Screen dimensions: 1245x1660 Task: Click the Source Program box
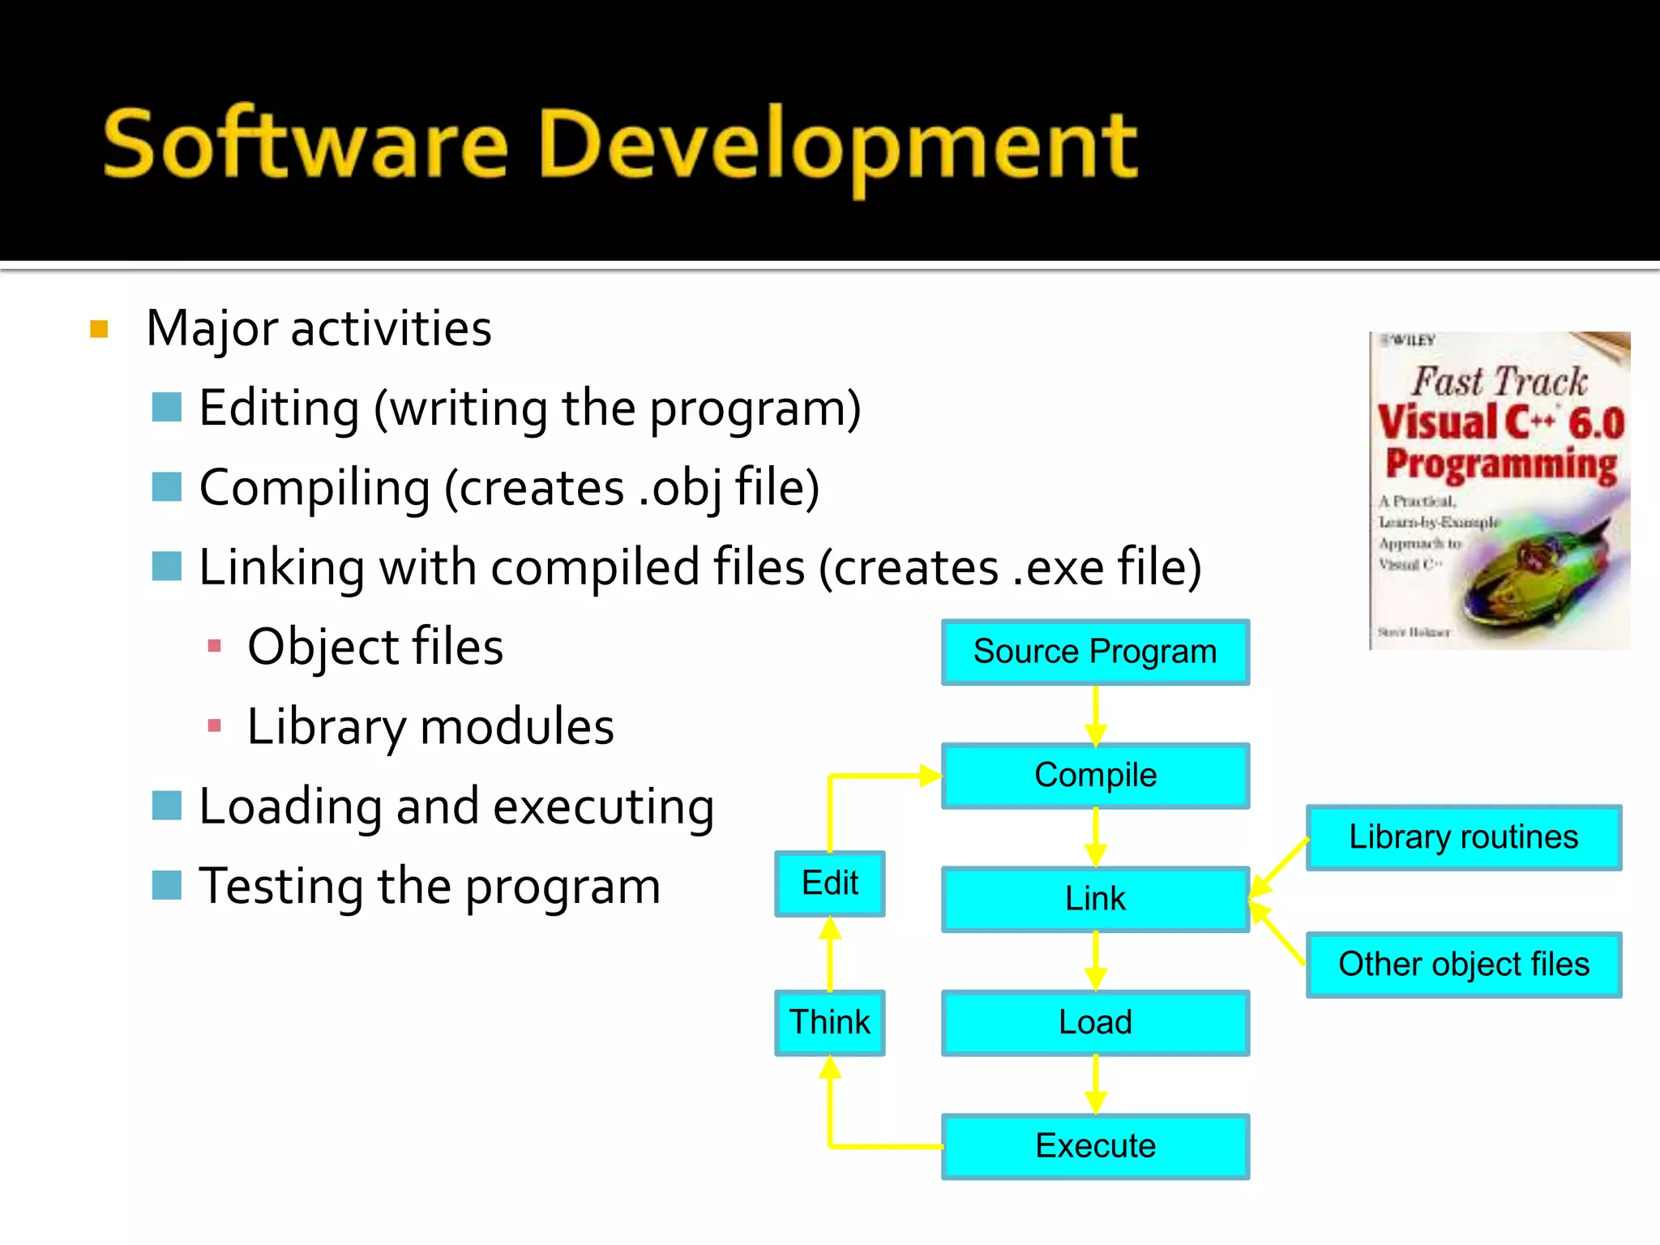[x=1095, y=652]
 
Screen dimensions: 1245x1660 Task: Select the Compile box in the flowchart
[x=1095, y=776]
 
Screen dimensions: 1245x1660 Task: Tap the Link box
[x=1095, y=899]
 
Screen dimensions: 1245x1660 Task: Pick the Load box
[x=1095, y=1022]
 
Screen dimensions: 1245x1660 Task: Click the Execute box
[x=1095, y=1146]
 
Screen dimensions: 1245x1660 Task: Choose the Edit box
[x=830, y=883]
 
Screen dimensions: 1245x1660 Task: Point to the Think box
[x=830, y=1022]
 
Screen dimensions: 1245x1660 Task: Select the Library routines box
[x=1463, y=837]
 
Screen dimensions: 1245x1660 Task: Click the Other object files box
[x=1463, y=965]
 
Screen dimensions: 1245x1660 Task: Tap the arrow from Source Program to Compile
[x=1095, y=714]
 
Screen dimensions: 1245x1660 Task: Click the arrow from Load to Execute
[x=1095, y=1085]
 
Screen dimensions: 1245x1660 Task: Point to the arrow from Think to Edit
[x=830, y=954]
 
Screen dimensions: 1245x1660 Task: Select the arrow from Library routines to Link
[x=1279, y=868]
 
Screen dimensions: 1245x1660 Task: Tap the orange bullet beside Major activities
[x=99, y=329]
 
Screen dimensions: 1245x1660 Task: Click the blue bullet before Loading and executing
[x=166, y=806]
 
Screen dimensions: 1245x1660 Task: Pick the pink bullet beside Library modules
[x=215, y=725]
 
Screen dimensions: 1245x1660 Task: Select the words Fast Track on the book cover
[x=1500, y=382]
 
